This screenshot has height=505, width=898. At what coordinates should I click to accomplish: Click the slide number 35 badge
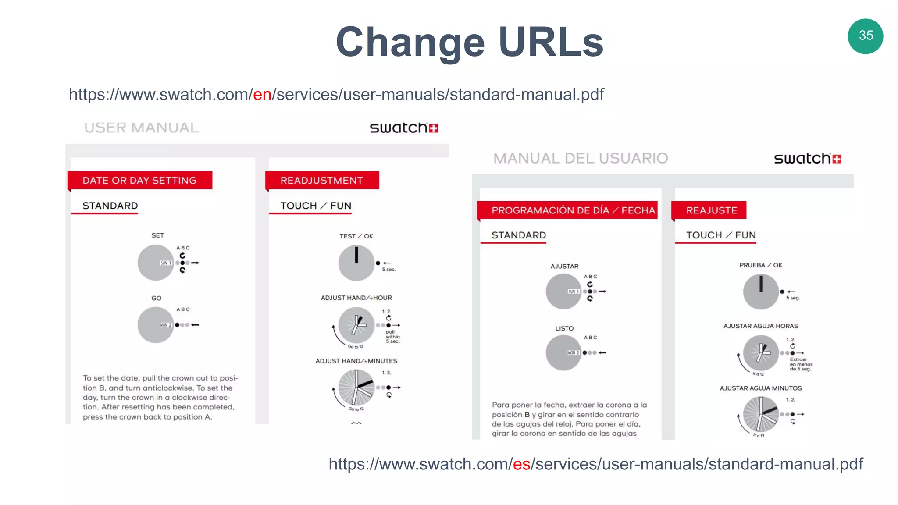pos(865,36)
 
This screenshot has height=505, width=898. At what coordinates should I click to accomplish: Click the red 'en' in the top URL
pos(262,94)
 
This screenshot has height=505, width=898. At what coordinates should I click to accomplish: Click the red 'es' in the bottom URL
pos(521,464)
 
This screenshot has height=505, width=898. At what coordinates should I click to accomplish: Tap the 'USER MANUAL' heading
pos(141,128)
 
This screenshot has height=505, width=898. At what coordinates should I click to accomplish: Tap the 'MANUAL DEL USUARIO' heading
pos(580,158)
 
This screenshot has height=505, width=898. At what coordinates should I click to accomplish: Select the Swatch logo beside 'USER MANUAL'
pos(403,128)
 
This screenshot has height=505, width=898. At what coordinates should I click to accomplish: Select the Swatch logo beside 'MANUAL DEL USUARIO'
pos(807,158)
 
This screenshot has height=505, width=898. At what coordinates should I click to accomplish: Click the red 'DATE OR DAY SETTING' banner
pos(139,180)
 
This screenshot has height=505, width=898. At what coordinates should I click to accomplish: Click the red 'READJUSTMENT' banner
pos(322,180)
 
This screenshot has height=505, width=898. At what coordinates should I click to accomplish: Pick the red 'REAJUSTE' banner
pos(711,210)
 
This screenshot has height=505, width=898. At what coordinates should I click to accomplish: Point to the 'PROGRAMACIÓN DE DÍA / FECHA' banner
pos(572,210)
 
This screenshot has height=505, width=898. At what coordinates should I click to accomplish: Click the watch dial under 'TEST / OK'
pos(356,263)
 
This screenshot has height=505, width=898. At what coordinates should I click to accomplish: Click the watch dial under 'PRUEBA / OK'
pos(761,292)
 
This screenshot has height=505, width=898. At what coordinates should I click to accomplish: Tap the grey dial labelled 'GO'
pos(155,325)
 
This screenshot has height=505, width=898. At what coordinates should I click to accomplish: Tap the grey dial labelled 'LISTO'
pos(563,352)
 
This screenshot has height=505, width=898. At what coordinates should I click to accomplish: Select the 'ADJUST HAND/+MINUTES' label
pos(356,361)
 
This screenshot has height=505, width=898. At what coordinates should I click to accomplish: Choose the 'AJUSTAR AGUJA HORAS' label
pos(760,326)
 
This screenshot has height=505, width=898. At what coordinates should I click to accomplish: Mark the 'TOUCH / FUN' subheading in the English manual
pos(315,206)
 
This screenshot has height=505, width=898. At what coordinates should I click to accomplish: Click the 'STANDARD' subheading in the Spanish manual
pos(518,235)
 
